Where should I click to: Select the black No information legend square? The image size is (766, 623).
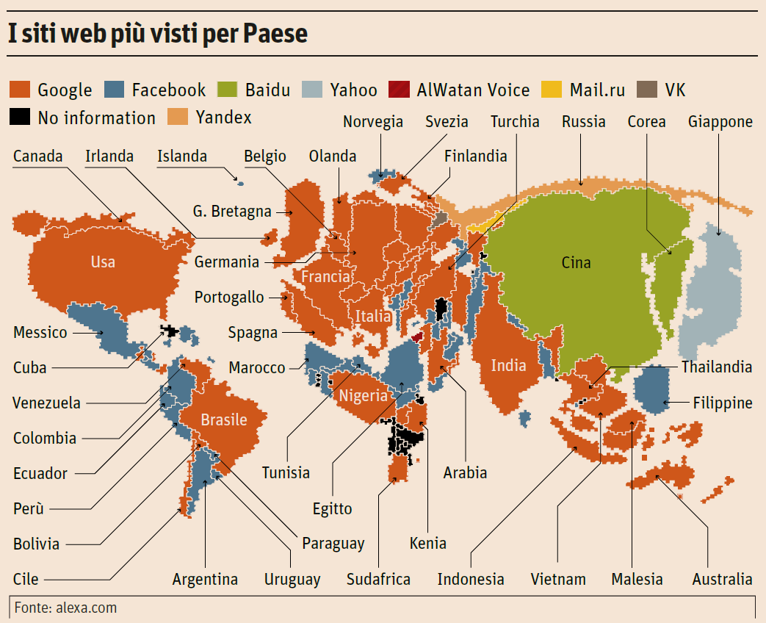click(20, 118)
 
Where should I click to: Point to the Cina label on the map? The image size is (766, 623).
click(576, 262)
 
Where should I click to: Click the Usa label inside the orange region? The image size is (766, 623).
click(103, 262)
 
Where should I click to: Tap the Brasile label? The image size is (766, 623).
click(224, 419)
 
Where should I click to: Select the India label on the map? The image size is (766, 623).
click(509, 365)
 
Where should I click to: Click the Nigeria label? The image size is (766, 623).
click(363, 396)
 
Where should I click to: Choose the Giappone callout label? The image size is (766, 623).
click(720, 122)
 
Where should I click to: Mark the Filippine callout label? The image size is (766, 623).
click(723, 403)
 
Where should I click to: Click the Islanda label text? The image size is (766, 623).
click(182, 156)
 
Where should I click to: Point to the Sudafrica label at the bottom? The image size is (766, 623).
click(378, 579)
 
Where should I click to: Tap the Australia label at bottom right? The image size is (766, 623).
click(722, 579)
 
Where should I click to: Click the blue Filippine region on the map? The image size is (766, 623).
click(651, 389)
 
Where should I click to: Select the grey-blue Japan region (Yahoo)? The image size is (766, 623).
click(709, 294)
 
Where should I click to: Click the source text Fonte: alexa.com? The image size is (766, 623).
click(65, 608)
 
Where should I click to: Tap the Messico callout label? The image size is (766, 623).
click(40, 332)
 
